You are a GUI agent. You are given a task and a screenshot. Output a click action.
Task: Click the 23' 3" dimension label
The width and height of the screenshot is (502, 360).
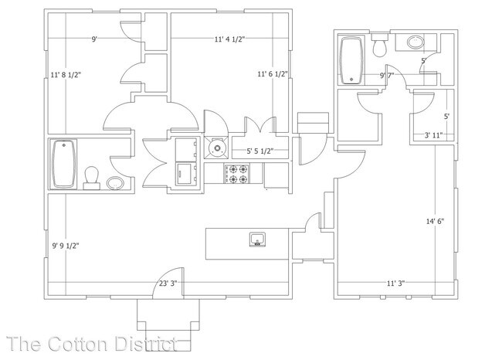point(168,283)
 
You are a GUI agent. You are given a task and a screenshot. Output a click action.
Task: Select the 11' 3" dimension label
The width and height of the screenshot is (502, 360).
point(395,283)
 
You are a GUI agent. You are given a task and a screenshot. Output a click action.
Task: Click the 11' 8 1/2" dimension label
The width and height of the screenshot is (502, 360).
point(66,75)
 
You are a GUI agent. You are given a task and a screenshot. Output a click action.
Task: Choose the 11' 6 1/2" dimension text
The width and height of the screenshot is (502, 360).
point(273,75)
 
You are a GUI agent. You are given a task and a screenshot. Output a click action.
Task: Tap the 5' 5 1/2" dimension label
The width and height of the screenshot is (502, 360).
point(262,151)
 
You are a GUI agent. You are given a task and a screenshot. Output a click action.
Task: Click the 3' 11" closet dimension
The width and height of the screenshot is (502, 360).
point(433,136)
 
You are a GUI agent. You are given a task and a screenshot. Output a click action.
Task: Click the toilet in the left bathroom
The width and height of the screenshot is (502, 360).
point(92,177)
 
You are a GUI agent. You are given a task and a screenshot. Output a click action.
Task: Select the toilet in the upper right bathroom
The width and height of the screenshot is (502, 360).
point(379,46)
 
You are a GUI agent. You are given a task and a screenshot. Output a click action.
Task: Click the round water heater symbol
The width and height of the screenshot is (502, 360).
point(218,144)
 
